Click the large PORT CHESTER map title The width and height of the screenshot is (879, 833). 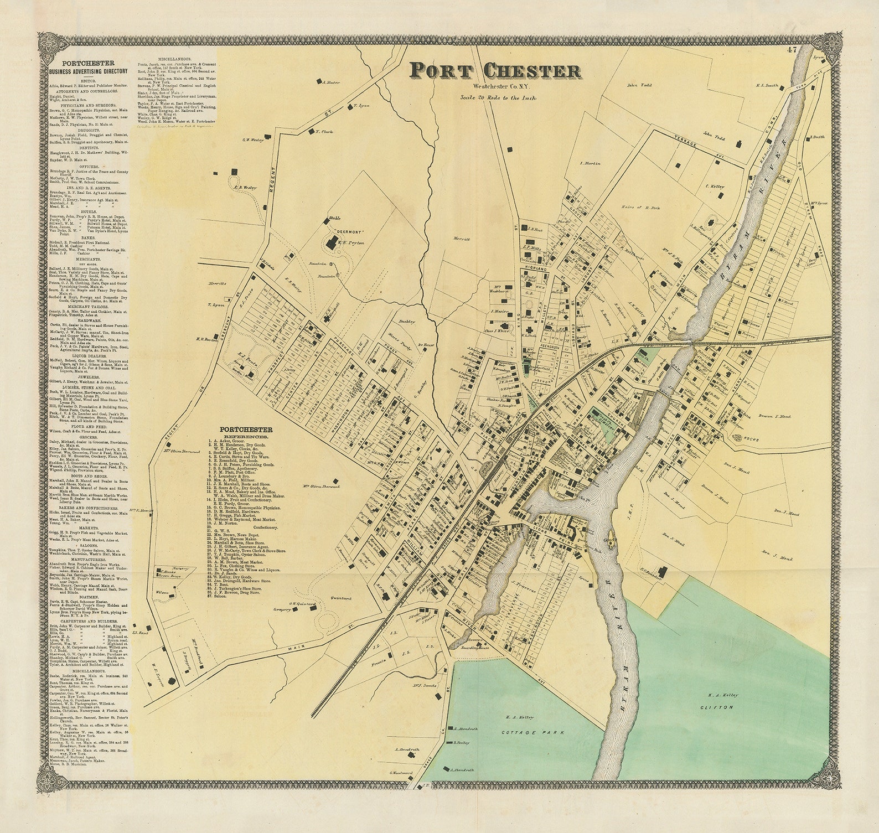[x=495, y=71]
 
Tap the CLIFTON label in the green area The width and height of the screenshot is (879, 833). [x=719, y=707]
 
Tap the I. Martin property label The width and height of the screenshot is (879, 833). [x=590, y=163]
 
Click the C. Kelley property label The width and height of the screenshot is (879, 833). [x=715, y=187]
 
